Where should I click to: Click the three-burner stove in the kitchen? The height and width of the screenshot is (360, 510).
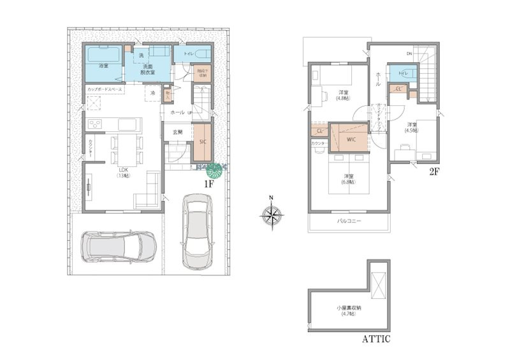(95, 124)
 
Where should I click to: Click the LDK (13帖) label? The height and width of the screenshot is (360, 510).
(123, 172)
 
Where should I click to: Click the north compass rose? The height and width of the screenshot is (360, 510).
(271, 217)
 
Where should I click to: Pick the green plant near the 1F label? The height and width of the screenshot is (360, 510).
(215, 171)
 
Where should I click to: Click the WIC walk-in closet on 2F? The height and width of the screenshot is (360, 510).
(351, 138)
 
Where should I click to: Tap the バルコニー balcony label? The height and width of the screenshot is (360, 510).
(349, 221)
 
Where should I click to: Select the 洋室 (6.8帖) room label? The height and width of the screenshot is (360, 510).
(349, 178)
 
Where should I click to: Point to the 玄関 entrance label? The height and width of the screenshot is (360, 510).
(178, 132)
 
